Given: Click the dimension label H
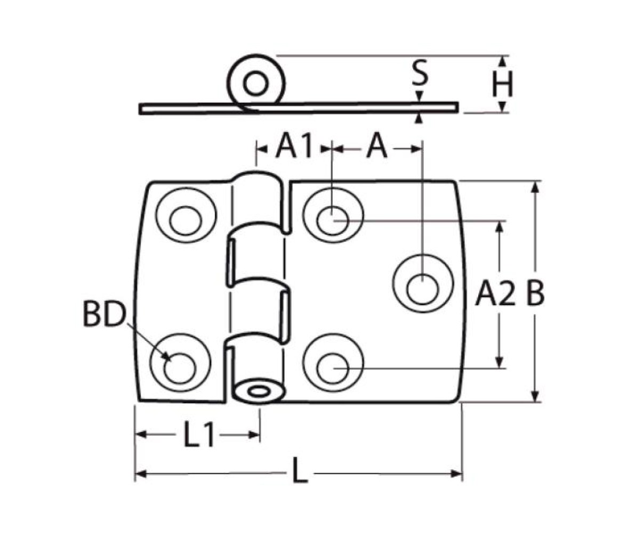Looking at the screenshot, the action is [502, 84].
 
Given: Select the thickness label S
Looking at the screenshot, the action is [420, 73].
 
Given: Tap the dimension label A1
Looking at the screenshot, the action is [294, 146].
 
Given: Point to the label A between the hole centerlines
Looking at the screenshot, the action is [377, 146].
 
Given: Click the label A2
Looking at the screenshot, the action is [495, 293].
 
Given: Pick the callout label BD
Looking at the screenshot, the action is [104, 314].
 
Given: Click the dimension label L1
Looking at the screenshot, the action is [199, 434].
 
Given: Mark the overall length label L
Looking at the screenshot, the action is [300, 471].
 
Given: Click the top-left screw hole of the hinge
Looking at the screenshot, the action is [186, 220].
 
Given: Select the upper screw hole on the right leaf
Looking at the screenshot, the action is [333, 220].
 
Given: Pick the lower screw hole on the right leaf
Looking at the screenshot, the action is [333, 367].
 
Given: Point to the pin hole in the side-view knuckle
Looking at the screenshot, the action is [255, 84].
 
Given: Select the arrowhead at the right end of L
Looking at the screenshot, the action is [457, 474].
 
